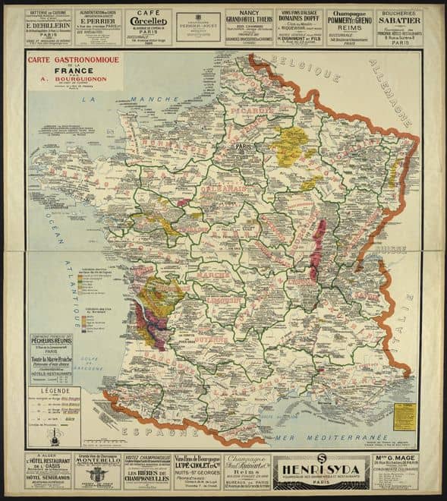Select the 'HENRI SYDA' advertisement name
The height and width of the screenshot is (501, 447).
pyautogui.click(x=320, y=472)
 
